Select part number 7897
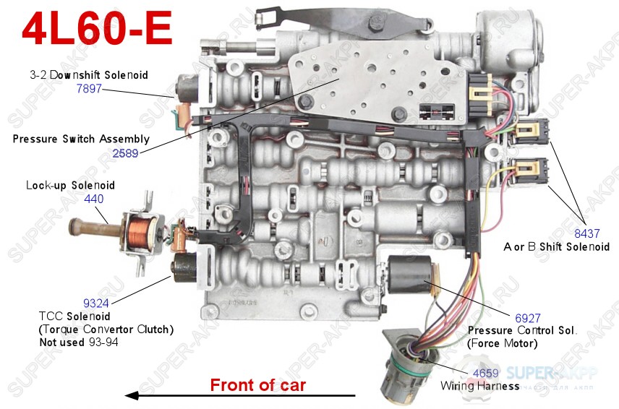click(x=89, y=89)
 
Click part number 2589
click(x=125, y=152)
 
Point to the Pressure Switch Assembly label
click(x=81, y=139)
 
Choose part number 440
click(x=94, y=199)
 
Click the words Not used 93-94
click(x=79, y=342)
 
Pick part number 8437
click(x=586, y=233)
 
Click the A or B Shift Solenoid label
click(x=556, y=246)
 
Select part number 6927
click(x=527, y=317)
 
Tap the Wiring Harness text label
click(x=480, y=386)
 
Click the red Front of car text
click(x=257, y=385)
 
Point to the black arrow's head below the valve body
click(x=131, y=395)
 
